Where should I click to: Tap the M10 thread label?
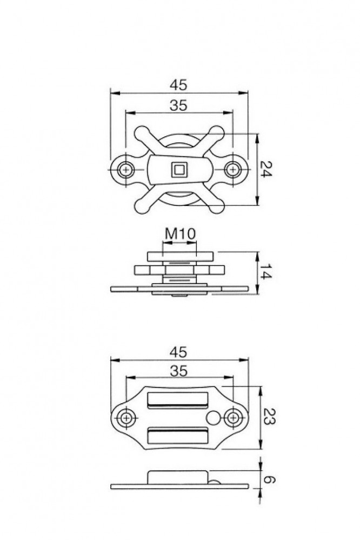click(179, 235)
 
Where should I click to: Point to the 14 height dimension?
click(265, 272)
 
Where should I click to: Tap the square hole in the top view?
click(178, 170)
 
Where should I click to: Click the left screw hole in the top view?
click(126, 169)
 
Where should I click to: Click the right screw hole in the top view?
click(232, 169)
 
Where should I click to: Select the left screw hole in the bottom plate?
click(126, 417)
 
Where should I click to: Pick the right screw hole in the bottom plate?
click(232, 417)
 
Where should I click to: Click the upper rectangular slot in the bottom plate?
click(178, 401)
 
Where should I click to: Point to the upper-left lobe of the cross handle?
click(142, 132)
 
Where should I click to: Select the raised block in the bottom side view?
click(178, 478)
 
